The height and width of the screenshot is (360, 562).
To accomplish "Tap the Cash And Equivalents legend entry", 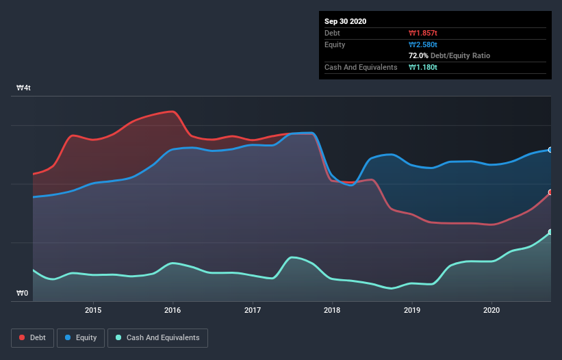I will pos(157,337).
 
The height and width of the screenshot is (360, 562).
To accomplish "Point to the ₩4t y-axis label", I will pos(23,88).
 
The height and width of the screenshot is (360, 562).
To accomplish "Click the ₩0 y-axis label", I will pos(23,294).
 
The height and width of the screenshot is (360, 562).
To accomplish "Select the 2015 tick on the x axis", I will pos(93,310).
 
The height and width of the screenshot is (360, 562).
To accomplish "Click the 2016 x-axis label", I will pos(173,310).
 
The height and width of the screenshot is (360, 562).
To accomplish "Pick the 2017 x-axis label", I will pos(253,310).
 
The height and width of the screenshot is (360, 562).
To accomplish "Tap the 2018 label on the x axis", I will pos(333,310).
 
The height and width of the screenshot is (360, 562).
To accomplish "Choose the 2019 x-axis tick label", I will pos(412,310).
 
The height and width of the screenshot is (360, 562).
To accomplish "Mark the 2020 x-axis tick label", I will pos(491,310).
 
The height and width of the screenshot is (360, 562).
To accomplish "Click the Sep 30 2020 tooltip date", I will pos(345,21).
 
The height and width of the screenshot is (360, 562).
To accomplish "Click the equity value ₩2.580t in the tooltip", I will pos(424,44).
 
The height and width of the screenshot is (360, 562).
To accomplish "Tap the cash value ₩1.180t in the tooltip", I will pos(424,67).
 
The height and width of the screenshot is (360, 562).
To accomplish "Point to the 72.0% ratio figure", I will pos(418,55).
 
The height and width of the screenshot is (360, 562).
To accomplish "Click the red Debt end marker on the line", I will pos(550,192).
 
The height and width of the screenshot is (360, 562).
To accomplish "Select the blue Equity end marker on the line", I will pos(550,149).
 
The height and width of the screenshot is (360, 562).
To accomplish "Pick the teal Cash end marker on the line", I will pos(550,232).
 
